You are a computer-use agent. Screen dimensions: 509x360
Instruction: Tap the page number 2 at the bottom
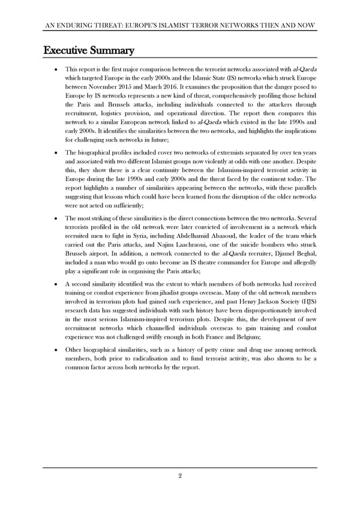[x=180, y=476]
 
